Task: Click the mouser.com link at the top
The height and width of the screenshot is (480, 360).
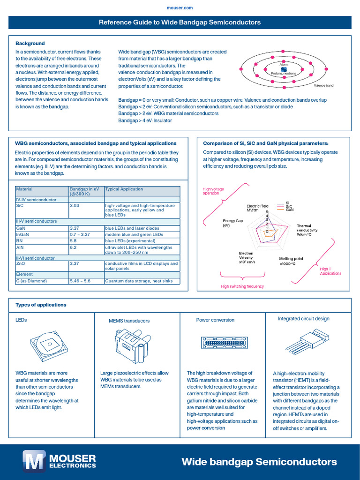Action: [x=180, y=8]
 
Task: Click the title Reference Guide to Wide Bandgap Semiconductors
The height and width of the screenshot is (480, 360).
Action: [x=180, y=22]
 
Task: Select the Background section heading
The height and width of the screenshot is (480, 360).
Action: [x=30, y=43]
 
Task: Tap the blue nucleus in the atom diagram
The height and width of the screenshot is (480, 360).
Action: [x=284, y=70]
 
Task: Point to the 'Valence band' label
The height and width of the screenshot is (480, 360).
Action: [x=323, y=86]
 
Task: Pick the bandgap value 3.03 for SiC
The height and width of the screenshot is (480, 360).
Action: [x=75, y=205]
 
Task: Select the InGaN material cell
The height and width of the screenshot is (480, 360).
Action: [x=23, y=234]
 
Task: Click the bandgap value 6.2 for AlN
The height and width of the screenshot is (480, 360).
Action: [x=73, y=247]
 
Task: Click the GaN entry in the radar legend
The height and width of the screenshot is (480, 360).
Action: [x=290, y=210]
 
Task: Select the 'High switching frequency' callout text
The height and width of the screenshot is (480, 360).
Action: [x=242, y=286]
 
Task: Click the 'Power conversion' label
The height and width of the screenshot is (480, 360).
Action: [x=215, y=320]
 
